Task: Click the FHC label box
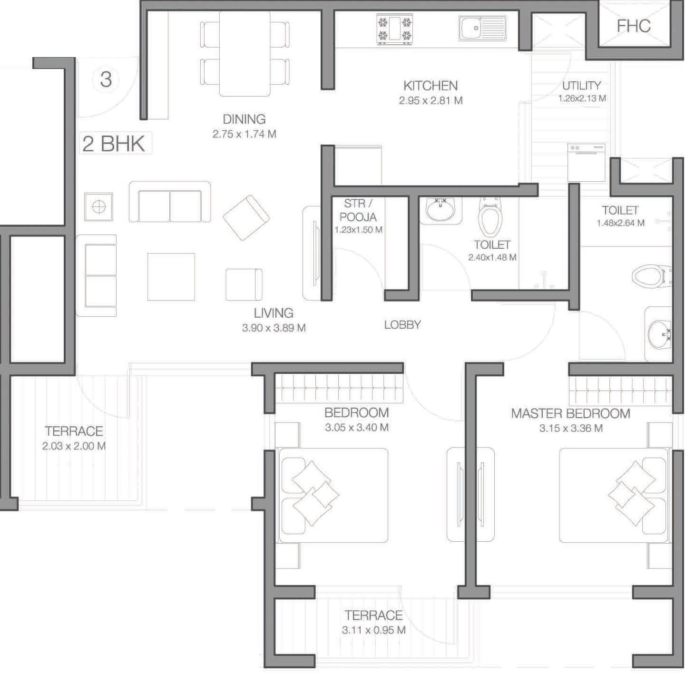[x=634, y=26]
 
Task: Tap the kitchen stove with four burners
[x=394, y=29]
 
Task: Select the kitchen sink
[x=482, y=29]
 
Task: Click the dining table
[x=245, y=53]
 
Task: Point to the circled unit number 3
[x=106, y=79]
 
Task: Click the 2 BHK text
[x=114, y=144]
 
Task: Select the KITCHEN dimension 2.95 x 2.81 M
[x=431, y=101]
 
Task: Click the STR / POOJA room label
[x=358, y=210]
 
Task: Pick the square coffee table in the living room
[x=171, y=277]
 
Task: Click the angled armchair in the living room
[x=246, y=218]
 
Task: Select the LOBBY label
[x=402, y=325]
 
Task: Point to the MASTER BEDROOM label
[x=570, y=414]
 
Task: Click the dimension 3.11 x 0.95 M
[x=373, y=630]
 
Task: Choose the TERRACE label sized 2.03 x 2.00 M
[x=74, y=431]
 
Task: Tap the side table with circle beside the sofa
[x=99, y=207]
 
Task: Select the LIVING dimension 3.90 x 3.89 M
[x=274, y=328]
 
